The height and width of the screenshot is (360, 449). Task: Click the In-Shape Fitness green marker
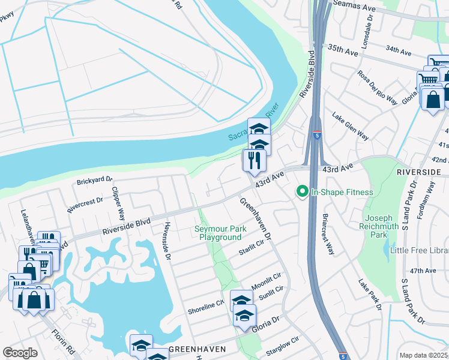click(x=303, y=192)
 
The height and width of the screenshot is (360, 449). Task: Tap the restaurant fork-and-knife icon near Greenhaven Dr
click(x=254, y=160)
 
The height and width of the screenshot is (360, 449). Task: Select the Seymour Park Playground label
click(x=220, y=233)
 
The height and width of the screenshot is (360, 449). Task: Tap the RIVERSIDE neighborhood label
click(x=418, y=172)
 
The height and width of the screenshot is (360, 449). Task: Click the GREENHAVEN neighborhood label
click(x=197, y=349)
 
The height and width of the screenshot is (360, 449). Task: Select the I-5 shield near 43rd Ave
click(x=316, y=136)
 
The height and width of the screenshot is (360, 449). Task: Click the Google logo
click(x=20, y=353)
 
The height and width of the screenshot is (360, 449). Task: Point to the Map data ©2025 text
click(x=423, y=355)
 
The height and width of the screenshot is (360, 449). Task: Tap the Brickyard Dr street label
click(x=94, y=180)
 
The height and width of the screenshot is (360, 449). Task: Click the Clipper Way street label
click(x=117, y=203)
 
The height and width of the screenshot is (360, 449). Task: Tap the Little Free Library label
click(x=420, y=250)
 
